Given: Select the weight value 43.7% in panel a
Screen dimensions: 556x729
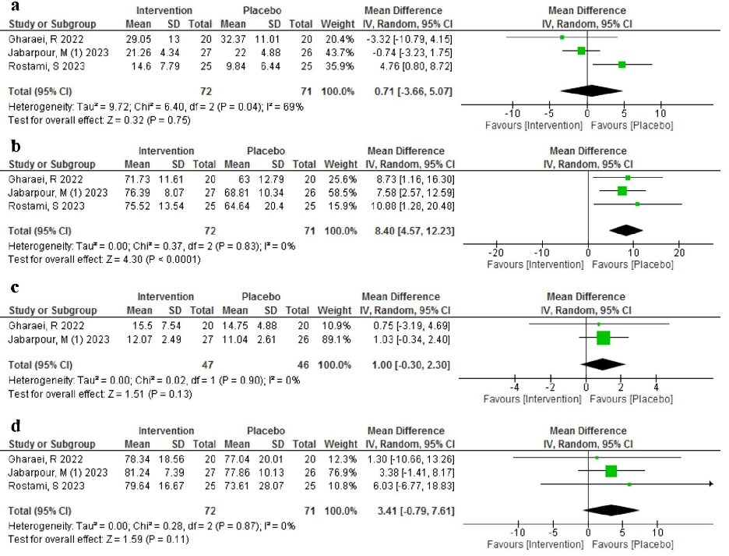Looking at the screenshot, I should tap(340, 51).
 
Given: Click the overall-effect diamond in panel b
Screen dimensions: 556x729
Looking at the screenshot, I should tap(632, 230).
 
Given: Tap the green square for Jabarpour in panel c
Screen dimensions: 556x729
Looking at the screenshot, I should tap(603, 338).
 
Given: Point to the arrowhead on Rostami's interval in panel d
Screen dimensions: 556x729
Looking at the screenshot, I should tap(711, 484).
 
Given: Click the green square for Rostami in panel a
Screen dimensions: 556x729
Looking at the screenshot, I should tap(622, 65).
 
